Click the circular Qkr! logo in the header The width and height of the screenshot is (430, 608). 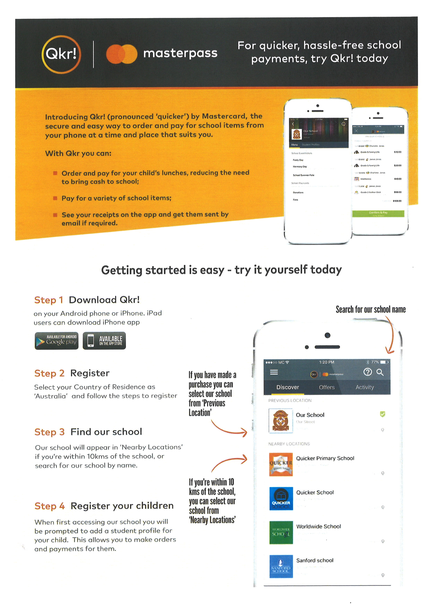[x=61, y=54]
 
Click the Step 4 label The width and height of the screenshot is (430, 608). [x=50, y=506]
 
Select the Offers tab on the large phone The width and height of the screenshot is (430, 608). [x=327, y=387]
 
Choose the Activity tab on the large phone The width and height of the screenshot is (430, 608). [x=365, y=387]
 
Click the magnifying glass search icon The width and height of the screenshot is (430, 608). [x=380, y=372]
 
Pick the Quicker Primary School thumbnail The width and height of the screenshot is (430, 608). [x=281, y=464]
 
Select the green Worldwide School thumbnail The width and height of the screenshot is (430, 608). [x=281, y=533]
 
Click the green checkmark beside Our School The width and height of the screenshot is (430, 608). [x=382, y=414]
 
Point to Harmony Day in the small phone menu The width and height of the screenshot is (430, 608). [x=300, y=167]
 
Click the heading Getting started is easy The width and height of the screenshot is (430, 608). [x=221, y=270]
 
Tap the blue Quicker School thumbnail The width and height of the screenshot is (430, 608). [x=281, y=498]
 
